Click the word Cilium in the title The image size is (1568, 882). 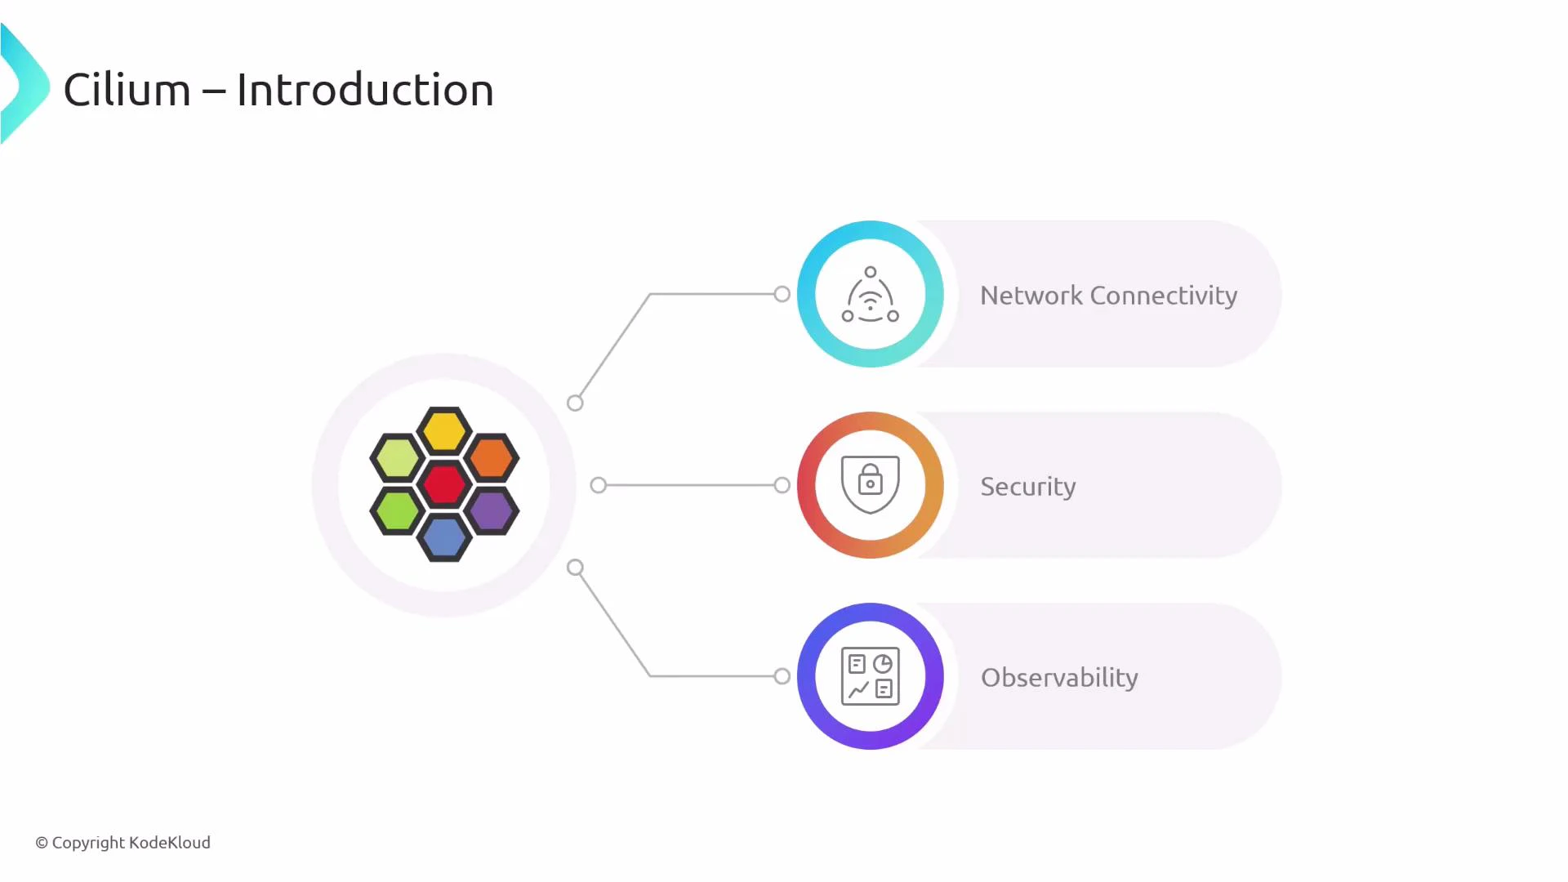[127, 90]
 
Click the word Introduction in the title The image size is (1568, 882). [365, 90]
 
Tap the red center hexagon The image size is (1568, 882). [444, 484]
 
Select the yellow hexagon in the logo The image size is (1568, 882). [444, 430]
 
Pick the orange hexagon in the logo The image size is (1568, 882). [492, 457]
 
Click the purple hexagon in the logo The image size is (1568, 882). [492, 511]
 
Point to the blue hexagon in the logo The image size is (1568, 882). [444, 538]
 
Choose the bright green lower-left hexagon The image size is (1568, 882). [397, 511]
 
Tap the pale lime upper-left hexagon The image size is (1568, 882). [397, 457]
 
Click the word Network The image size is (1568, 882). [1031, 296]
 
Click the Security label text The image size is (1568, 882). [1027, 487]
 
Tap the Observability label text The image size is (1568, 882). [1059, 678]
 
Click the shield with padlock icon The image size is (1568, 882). [871, 484]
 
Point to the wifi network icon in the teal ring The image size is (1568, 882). [871, 296]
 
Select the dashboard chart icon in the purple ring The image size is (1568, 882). [871, 676]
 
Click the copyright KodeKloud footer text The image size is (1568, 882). [122, 843]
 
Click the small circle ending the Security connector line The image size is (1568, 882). [782, 485]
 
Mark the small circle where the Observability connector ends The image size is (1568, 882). [782, 676]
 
